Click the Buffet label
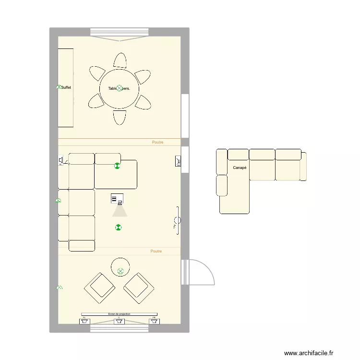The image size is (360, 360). tap(66, 88)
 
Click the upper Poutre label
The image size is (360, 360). tap(157, 142)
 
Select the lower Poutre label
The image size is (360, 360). tap(156, 251)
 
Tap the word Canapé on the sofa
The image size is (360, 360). tap(240, 168)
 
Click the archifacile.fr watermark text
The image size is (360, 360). tap(308, 353)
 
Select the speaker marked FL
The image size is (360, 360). tap(84, 321)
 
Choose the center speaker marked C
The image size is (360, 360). tap(119, 321)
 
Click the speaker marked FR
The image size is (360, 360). tap(154, 321)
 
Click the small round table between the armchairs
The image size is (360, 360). tap(120, 267)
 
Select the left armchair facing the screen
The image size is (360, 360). tap(100, 288)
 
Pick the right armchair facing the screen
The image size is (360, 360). tap(139, 288)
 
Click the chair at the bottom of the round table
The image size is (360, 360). tap(120, 118)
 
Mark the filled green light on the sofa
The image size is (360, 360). tap(117, 167)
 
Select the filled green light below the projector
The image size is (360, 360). tap(118, 228)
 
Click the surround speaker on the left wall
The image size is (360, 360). tap(62, 161)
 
